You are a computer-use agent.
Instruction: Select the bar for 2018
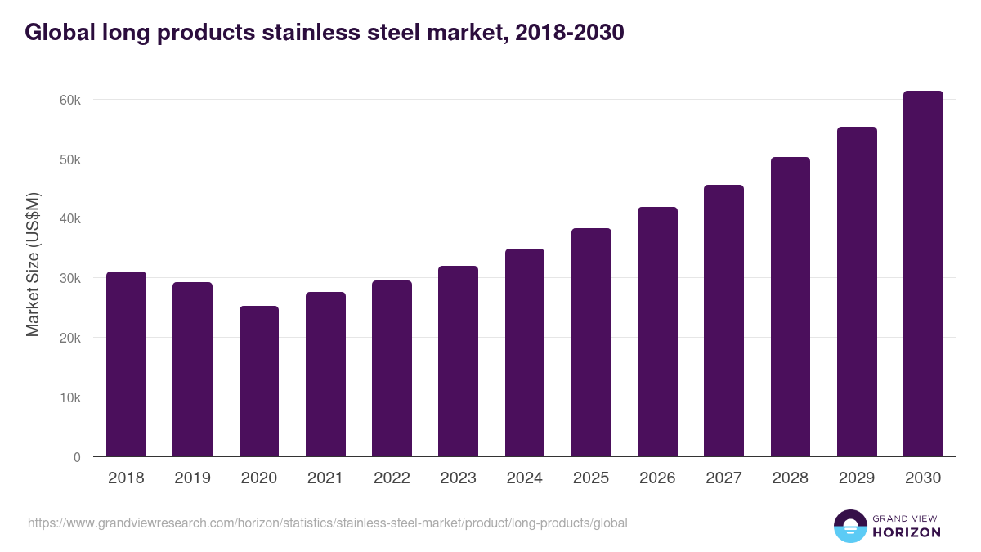point(126,364)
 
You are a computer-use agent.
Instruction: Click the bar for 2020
point(259,381)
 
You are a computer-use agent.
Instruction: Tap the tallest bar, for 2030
point(923,274)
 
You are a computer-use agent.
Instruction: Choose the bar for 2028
point(790,307)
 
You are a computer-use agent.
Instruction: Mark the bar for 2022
point(392,368)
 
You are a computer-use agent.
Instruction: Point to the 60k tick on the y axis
point(71,100)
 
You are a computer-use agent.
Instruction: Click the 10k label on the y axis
point(71,397)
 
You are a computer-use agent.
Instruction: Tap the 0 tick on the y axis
point(77,457)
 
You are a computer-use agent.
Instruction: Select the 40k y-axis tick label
point(71,219)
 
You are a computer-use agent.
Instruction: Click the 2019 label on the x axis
point(192,478)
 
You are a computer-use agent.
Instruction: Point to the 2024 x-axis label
point(524,478)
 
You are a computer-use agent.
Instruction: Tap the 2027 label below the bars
point(723,478)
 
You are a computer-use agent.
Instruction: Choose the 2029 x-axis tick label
point(857,478)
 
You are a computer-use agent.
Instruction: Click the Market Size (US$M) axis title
point(33,264)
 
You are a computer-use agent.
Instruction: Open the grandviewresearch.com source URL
point(328,523)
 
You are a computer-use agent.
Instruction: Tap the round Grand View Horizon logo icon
point(849,526)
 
